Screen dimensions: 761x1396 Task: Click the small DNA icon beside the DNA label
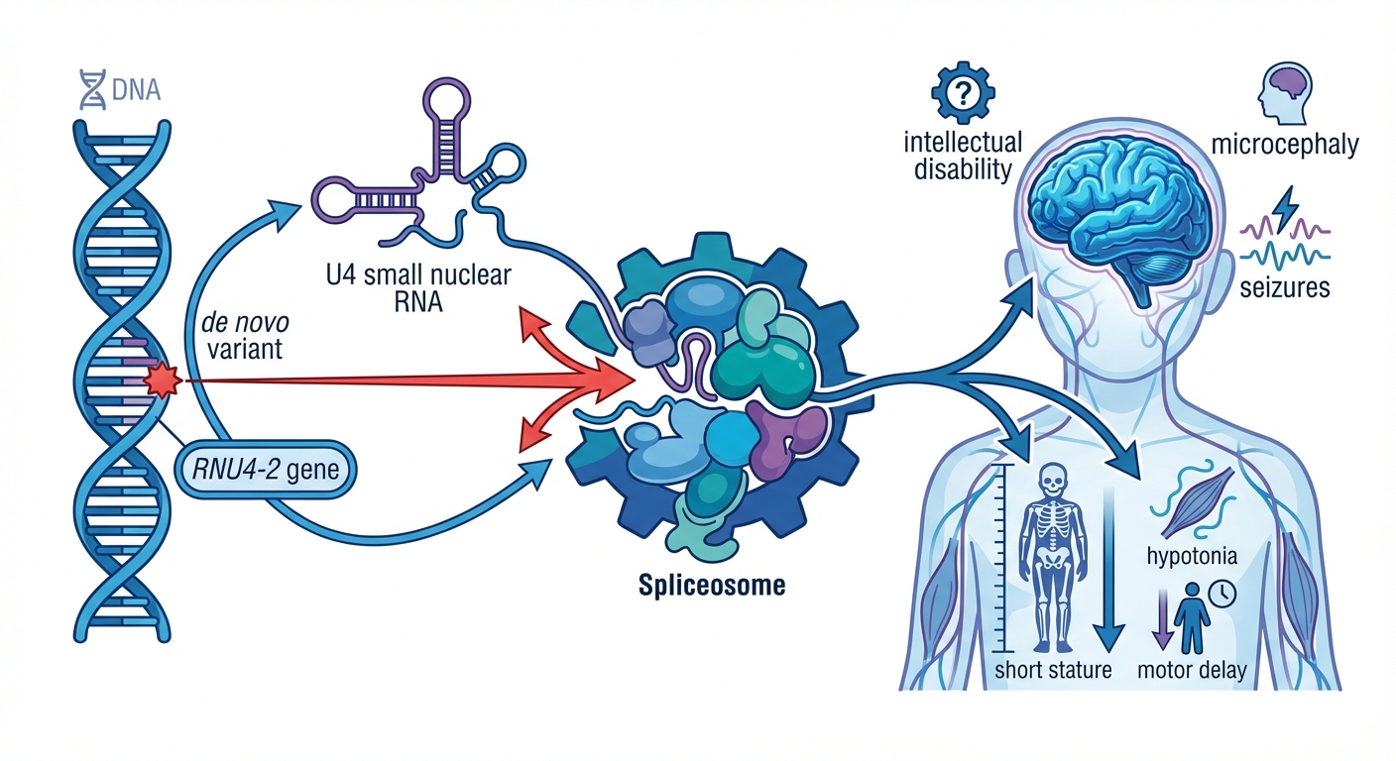pyautogui.click(x=92, y=90)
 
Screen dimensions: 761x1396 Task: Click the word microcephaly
pyautogui.click(x=1285, y=147)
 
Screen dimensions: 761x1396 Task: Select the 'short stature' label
pyautogui.click(x=1052, y=671)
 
